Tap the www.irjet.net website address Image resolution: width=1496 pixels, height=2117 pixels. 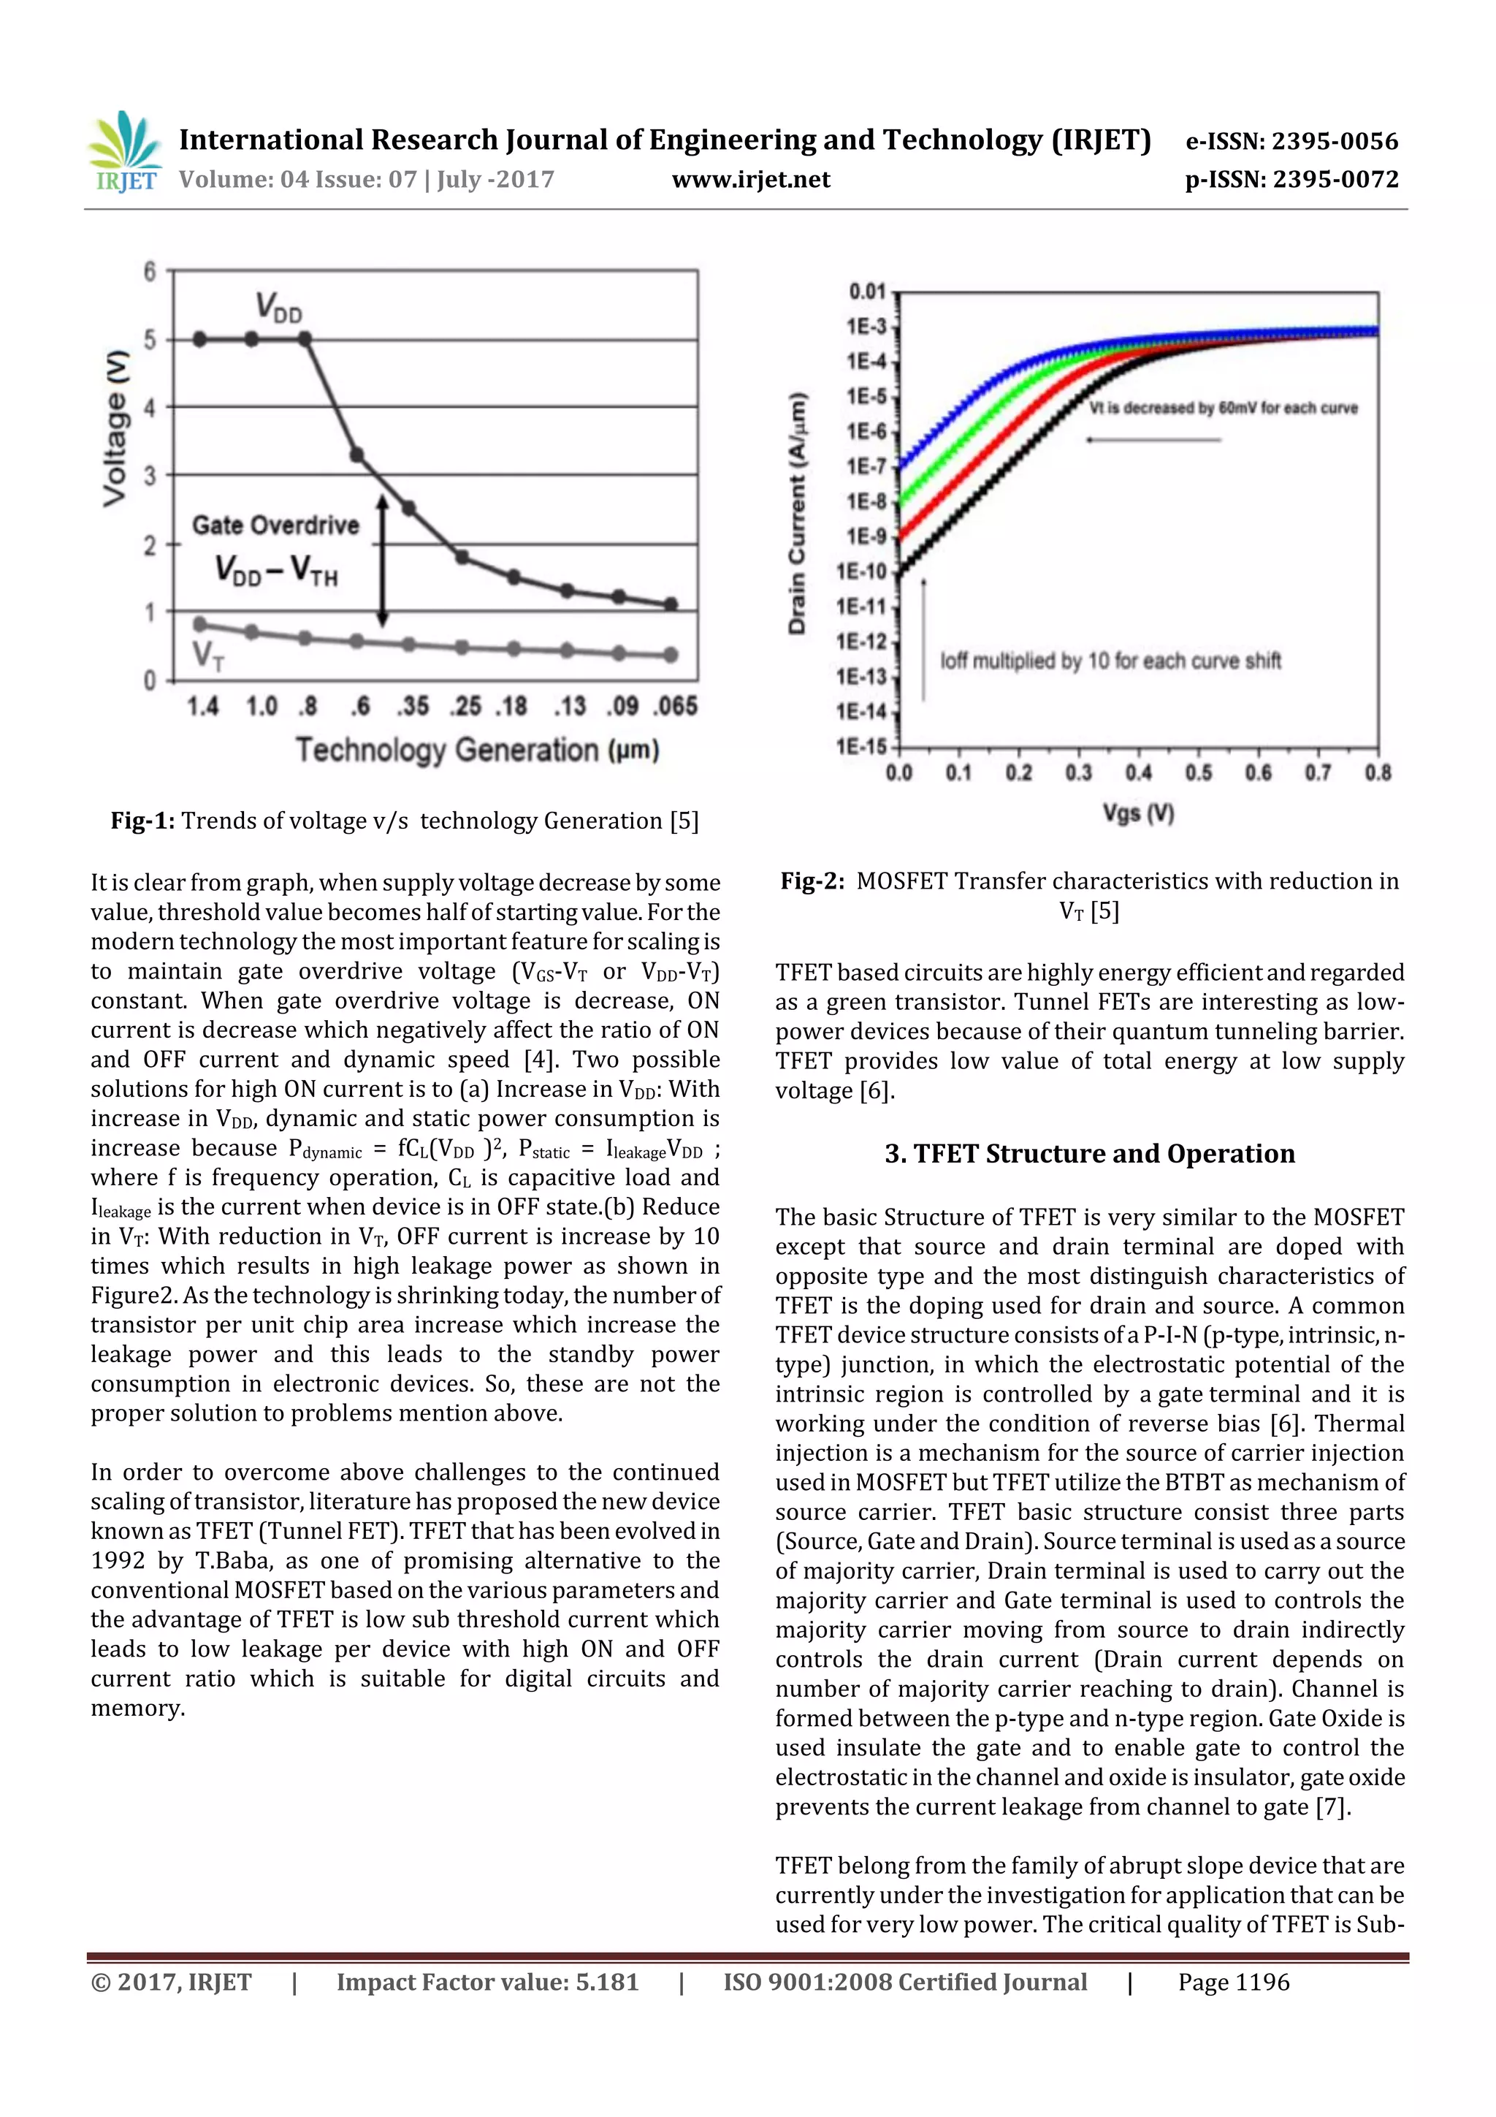[750, 180]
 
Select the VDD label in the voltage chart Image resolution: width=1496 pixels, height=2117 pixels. [278, 307]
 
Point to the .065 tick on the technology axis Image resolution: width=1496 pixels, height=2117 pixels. [676, 707]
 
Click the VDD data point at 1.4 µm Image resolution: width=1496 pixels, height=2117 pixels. [201, 339]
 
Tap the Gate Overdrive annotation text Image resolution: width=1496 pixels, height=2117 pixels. [275, 525]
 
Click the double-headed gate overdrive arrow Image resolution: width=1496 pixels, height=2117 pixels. [383, 560]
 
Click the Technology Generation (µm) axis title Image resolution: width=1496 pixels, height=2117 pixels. [476, 750]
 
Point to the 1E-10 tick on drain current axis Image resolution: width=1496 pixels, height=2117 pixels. [861, 571]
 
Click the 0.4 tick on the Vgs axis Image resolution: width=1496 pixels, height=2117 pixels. [1138, 772]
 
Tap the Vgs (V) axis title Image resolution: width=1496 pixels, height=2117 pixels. [1138, 813]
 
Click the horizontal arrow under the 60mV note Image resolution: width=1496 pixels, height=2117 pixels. [1153, 440]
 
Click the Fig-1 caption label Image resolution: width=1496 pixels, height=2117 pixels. [143, 821]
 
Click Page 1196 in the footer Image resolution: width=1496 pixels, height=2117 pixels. [1233, 1982]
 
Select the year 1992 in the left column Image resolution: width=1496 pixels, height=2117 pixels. [118, 1561]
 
